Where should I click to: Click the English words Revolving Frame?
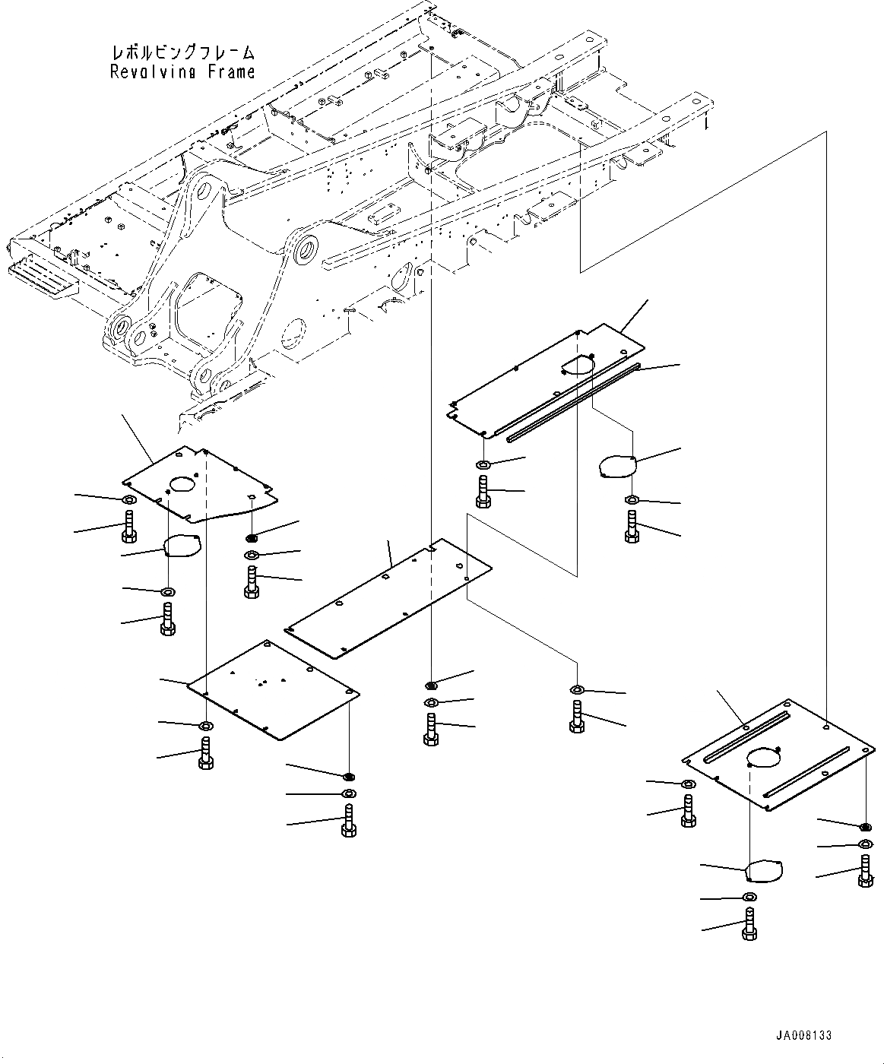click(x=182, y=72)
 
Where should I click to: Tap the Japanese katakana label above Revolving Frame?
click(x=182, y=53)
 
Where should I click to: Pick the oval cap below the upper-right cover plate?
click(x=617, y=466)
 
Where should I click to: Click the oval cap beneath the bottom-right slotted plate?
click(x=764, y=871)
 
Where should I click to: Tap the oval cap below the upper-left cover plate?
click(x=181, y=544)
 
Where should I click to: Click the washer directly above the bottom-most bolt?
click(x=749, y=898)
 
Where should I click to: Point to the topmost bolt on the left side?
click(x=128, y=526)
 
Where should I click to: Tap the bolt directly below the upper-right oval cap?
click(x=632, y=527)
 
